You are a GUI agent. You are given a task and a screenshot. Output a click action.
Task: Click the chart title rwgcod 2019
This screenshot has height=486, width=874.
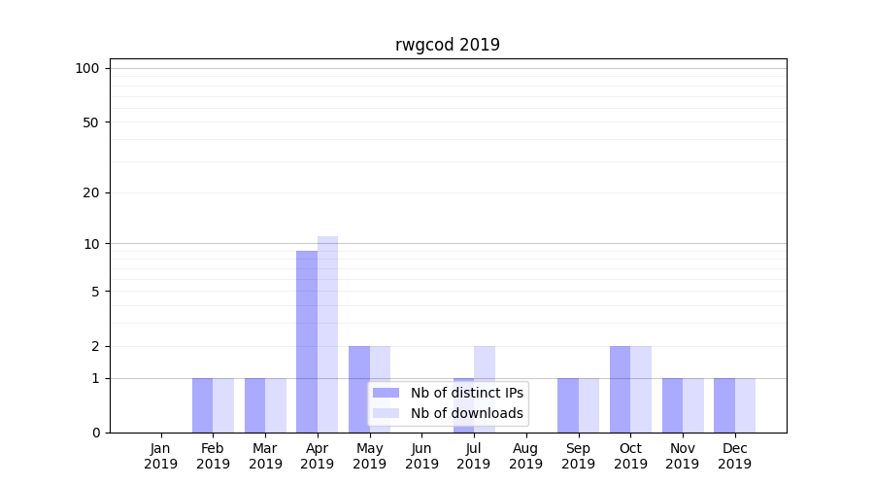(x=447, y=45)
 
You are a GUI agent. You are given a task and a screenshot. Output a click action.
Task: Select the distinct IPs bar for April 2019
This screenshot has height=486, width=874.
(x=307, y=341)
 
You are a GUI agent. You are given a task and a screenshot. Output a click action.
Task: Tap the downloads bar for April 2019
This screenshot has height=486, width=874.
(x=327, y=334)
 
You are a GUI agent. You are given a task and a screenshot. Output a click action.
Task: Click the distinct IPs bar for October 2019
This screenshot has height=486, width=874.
(x=620, y=389)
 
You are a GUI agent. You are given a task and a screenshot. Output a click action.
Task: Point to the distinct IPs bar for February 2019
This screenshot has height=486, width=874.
(x=202, y=405)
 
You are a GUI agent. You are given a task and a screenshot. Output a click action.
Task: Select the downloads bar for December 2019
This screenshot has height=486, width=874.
(x=745, y=405)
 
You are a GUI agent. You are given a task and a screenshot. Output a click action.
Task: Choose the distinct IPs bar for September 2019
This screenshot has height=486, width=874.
(x=568, y=405)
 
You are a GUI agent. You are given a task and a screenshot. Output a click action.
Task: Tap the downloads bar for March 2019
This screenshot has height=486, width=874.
(x=276, y=405)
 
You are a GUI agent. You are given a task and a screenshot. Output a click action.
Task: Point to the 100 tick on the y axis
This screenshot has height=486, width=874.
(x=87, y=68)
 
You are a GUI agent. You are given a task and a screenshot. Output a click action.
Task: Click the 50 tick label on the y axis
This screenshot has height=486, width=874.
(x=91, y=122)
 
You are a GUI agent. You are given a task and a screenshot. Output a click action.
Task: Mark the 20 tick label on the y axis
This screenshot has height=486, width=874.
(x=91, y=192)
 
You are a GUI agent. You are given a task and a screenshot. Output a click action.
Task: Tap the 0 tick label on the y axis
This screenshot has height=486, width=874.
(x=95, y=433)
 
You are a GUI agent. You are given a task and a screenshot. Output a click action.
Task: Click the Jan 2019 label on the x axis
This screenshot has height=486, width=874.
(x=161, y=456)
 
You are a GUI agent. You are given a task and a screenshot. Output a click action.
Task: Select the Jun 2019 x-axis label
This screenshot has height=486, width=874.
(x=421, y=456)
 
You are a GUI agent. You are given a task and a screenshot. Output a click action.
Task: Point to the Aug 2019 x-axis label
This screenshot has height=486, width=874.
(x=525, y=456)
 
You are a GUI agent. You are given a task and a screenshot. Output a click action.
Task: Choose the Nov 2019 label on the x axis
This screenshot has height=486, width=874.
(x=682, y=456)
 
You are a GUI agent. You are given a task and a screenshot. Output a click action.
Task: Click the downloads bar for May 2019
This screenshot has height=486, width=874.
(x=380, y=389)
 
